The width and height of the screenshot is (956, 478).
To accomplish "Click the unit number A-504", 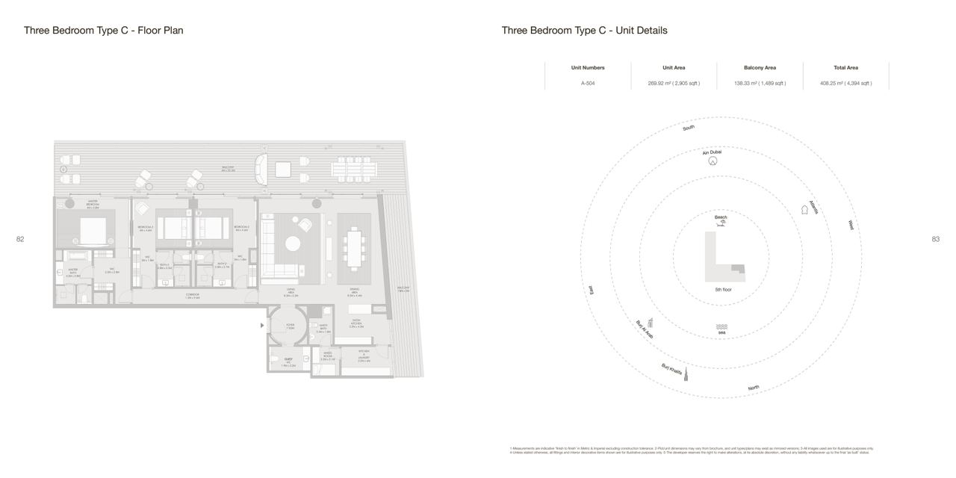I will (588, 83).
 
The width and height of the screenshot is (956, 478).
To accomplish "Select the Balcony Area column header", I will (760, 68).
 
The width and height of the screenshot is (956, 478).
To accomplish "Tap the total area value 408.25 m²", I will (845, 83).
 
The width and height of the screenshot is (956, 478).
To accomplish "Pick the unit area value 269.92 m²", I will (674, 83).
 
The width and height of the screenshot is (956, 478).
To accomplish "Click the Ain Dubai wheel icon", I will (713, 161).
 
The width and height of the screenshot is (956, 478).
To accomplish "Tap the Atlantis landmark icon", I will (804, 210).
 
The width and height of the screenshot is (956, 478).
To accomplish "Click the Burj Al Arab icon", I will (651, 322).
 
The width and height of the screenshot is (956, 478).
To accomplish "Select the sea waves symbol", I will (721, 327).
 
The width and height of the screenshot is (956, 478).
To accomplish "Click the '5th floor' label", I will (723, 289).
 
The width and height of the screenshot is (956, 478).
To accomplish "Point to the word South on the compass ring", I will (689, 128).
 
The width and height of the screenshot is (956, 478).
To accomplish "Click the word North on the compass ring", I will (754, 388).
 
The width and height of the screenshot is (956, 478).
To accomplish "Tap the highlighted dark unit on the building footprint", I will (738, 268).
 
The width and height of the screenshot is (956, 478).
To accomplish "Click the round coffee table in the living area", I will (293, 243).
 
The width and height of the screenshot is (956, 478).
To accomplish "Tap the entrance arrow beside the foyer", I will (261, 326).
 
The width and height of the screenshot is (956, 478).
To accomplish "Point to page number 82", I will (20, 239).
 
